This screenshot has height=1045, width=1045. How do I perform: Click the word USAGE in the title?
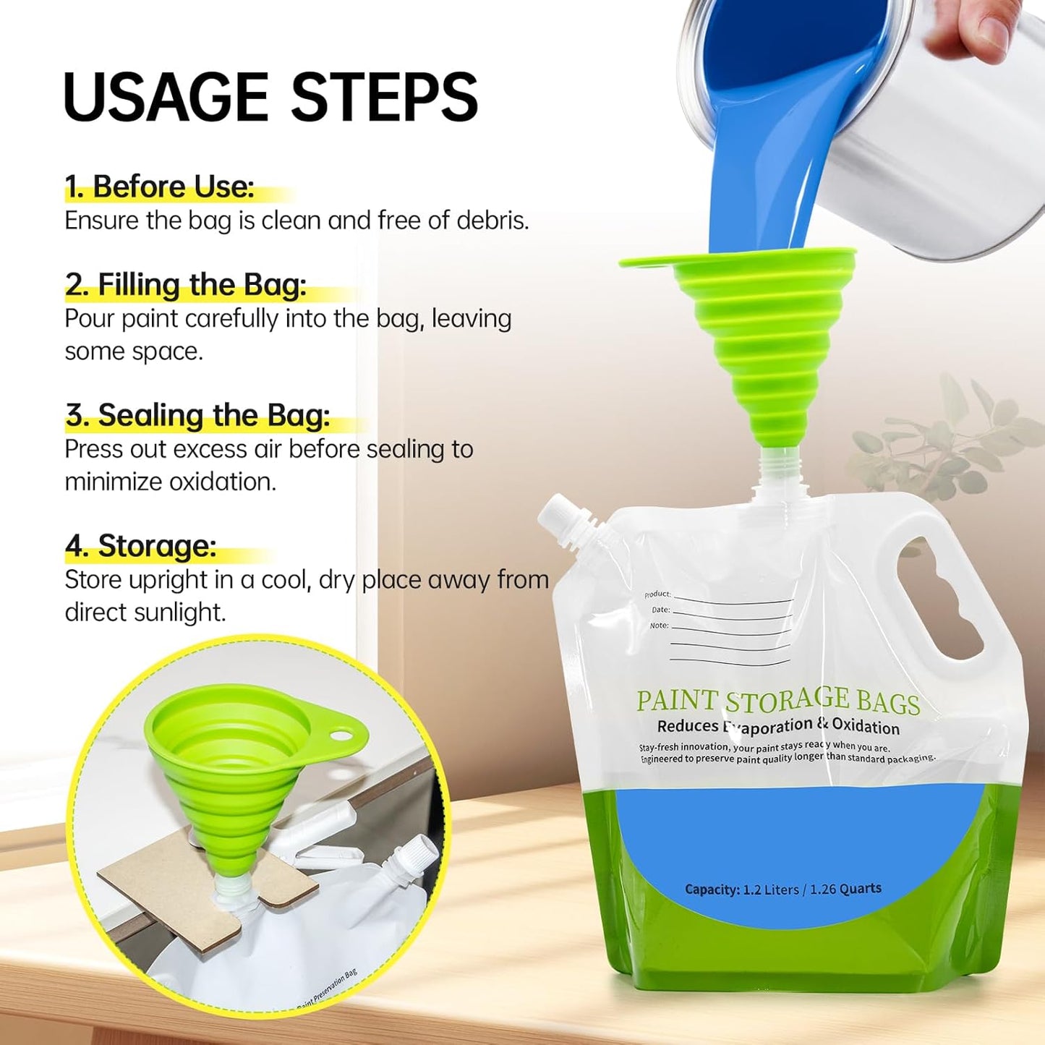click(x=166, y=97)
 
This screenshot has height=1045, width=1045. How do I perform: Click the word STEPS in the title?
click(x=384, y=97)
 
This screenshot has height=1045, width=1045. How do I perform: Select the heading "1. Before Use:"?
click(x=159, y=187)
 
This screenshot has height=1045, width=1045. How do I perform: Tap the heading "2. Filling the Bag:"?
click(x=185, y=285)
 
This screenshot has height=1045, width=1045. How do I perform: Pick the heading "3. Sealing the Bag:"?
click(x=197, y=416)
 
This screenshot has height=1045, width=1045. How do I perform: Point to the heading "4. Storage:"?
click(x=141, y=546)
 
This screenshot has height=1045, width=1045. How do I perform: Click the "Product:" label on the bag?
click(x=657, y=594)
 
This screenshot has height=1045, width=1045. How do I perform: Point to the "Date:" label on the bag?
click(x=660, y=610)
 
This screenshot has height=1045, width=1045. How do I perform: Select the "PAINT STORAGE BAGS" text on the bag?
click(x=777, y=700)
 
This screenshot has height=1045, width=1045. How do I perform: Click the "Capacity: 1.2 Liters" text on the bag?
click(x=782, y=889)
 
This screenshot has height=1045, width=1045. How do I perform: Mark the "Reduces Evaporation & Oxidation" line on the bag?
click(x=777, y=725)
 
